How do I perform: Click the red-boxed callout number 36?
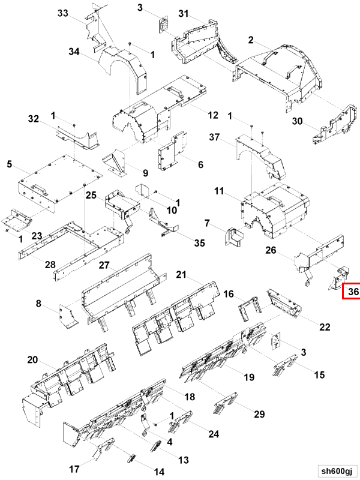353,292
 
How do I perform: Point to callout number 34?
74,52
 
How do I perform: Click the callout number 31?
183,14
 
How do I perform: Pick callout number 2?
251,40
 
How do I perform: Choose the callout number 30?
297,121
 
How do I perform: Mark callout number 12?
213,115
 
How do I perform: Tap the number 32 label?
33,118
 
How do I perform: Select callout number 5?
9,163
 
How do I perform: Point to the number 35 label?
199,242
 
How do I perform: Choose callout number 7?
207,224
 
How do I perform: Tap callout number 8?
39,305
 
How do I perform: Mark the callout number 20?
32,359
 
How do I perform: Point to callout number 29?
259,415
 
